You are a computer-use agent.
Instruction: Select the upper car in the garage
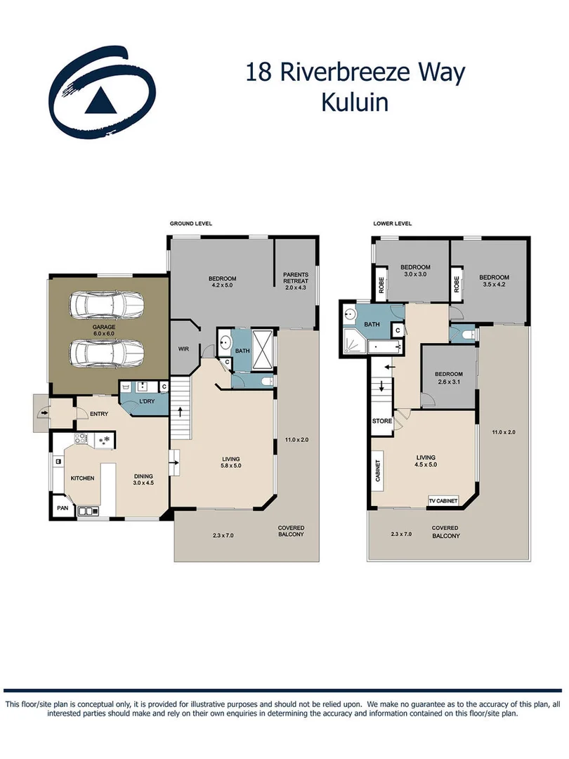(x=107, y=304)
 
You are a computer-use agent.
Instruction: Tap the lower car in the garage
(x=107, y=350)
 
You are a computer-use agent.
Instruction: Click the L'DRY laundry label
(x=147, y=401)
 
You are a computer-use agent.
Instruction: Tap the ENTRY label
(x=99, y=414)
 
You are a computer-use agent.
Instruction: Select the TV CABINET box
(x=443, y=501)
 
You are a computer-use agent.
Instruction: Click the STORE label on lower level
(x=382, y=422)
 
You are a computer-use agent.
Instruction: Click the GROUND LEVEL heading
(x=190, y=223)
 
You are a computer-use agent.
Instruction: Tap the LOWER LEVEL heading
(x=392, y=223)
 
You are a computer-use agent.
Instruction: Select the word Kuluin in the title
(x=355, y=102)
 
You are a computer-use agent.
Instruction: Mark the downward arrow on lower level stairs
(x=381, y=386)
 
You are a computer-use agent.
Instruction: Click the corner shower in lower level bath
(x=351, y=338)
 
